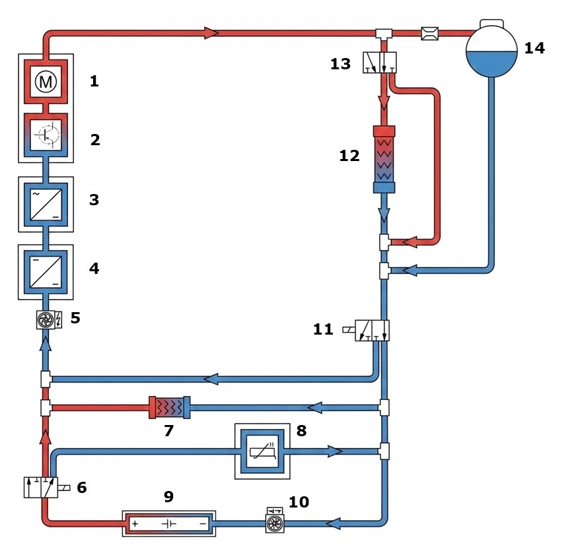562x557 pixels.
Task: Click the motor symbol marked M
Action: point(46,82)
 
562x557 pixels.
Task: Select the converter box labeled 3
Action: point(46,203)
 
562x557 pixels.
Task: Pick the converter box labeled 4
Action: point(46,271)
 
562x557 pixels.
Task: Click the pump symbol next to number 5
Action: point(46,320)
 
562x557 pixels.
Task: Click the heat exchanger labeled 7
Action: point(169,407)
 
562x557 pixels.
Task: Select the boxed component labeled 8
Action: point(262,451)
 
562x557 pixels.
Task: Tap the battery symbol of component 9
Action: point(169,524)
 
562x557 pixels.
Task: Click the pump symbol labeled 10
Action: point(273,523)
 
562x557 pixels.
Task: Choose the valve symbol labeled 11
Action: point(372,329)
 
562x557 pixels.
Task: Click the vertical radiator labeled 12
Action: point(384,158)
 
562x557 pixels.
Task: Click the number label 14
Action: point(534,48)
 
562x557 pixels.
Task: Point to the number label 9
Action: point(168,496)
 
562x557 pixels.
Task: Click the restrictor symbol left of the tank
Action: point(429,33)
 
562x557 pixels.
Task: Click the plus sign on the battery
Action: point(134,524)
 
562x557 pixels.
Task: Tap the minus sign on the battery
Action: point(202,524)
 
